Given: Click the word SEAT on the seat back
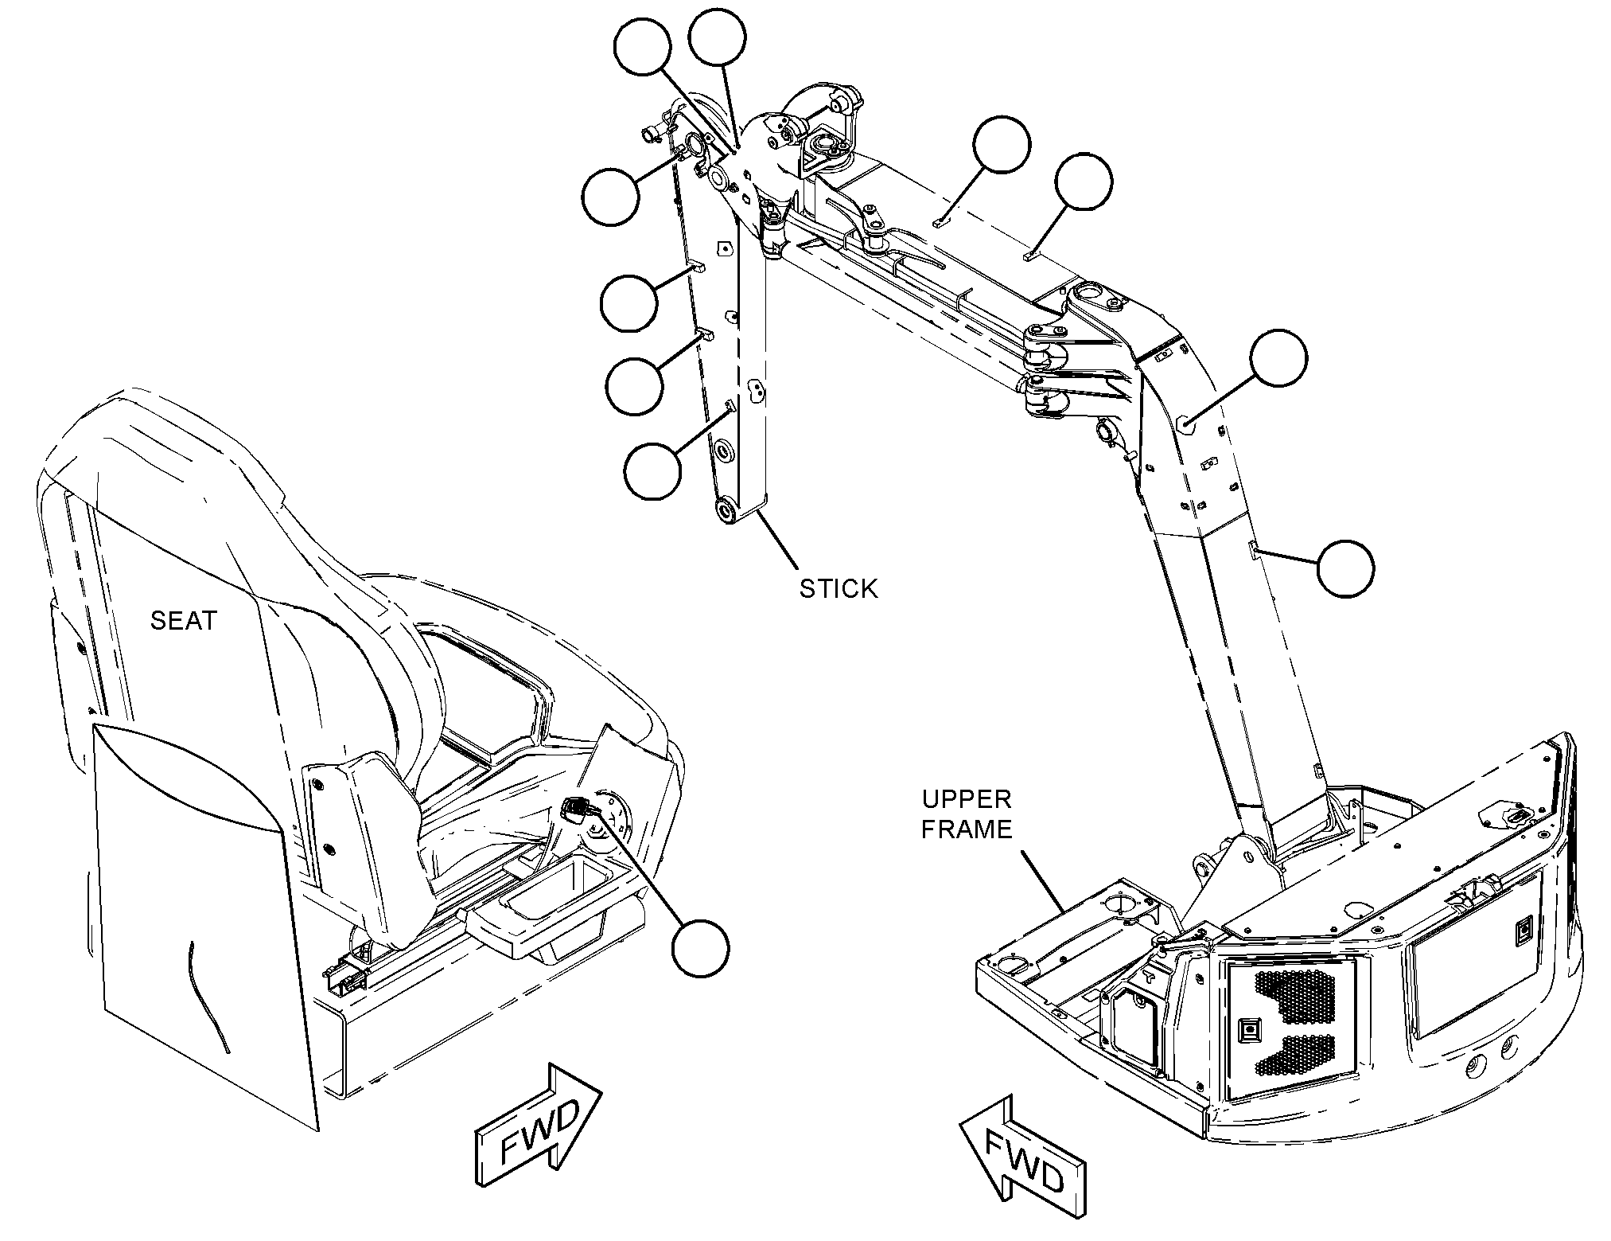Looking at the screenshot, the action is pos(184,620).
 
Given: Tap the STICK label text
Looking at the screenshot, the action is pos(839,588).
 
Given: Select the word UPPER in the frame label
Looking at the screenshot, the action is pos(967,798).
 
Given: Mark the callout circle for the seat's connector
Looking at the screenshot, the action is pos(700,947).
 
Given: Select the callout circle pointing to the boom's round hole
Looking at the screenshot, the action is pos(1278,358).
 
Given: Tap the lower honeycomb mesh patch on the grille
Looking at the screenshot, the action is pos(1294,1055).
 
